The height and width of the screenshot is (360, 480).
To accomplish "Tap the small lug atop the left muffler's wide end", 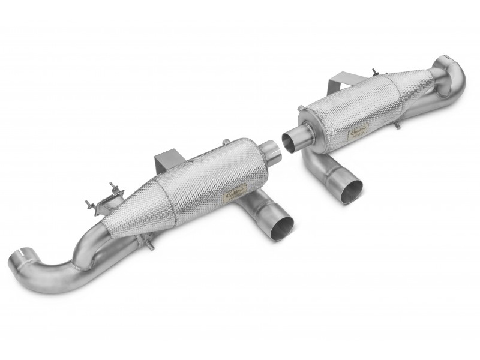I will coord(224,142).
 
